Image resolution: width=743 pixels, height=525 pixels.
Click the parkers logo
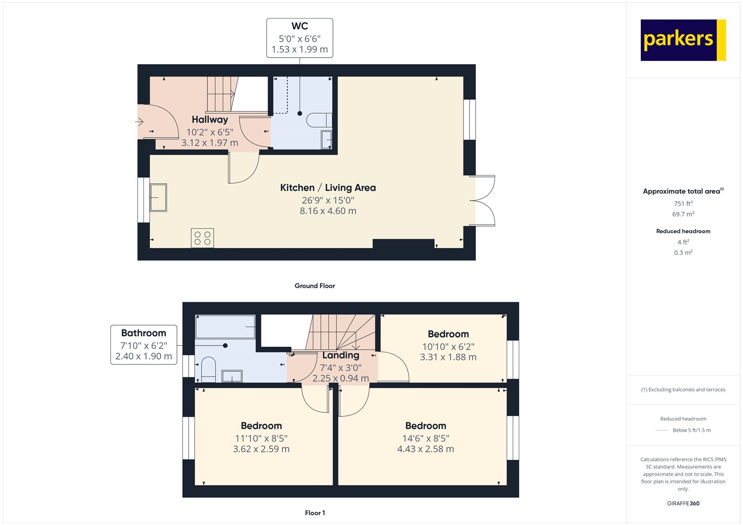(683, 40)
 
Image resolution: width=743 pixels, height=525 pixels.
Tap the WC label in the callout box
(300, 26)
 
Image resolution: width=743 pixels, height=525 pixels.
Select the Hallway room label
(209, 119)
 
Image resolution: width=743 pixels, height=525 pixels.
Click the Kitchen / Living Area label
(328, 188)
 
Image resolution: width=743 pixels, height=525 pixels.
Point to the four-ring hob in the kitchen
(202, 238)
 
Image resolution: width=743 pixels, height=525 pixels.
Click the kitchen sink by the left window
(158, 197)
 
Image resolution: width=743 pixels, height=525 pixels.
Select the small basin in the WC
(326, 140)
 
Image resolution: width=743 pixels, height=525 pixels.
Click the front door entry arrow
(139, 122)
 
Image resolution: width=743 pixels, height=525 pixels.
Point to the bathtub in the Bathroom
(225, 327)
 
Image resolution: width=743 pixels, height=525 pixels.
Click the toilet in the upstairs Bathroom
(209, 369)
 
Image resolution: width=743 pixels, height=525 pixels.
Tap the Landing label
(341, 355)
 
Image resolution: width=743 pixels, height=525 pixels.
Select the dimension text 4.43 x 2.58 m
(425, 449)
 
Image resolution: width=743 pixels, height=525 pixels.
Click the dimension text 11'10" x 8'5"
(261, 439)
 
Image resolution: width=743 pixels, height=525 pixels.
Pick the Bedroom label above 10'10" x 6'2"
(448, 334)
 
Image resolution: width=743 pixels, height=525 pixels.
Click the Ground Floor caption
(315, 286)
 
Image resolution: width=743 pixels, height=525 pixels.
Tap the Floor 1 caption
(315, 513)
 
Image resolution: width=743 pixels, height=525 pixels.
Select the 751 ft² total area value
(683, 203)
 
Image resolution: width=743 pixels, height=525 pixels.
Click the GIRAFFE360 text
(683, 504)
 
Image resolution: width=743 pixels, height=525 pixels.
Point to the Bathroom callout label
(143, 333)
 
